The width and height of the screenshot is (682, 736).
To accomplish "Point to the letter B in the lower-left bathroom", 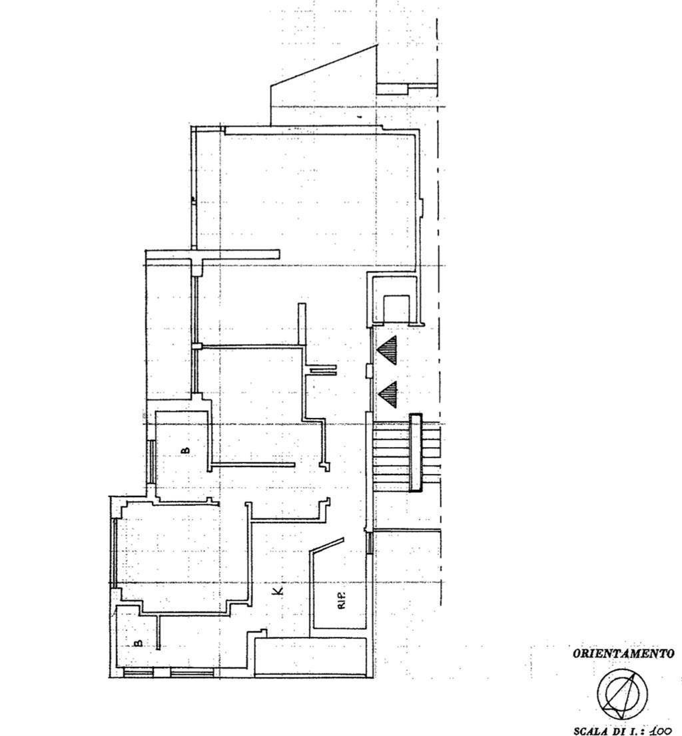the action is (139, 643).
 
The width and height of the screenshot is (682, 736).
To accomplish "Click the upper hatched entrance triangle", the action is (388, 350).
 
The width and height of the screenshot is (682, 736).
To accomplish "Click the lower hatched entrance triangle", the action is (388, 394).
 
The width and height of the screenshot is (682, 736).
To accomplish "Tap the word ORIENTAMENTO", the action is (624, 653).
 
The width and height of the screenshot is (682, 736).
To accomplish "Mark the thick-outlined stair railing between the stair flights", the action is (416, 453).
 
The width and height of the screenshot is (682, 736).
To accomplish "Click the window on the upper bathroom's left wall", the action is (151, 461).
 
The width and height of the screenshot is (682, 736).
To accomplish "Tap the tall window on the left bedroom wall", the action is (114, 552).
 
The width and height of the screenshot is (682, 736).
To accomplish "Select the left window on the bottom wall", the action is (139, 673).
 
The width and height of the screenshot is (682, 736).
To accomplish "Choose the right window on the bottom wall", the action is (192, 673).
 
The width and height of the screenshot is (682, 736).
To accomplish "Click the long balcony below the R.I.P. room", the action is (310, 657).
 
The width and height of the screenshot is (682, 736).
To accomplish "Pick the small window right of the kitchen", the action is (370, 542).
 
